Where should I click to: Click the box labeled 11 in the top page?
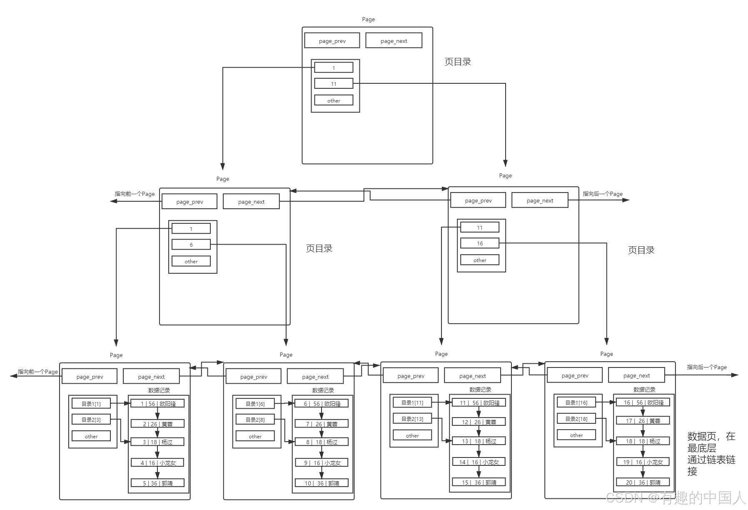334,84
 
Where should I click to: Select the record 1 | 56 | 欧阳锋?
157,404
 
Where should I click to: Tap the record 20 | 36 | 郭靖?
643,482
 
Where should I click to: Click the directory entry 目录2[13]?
412,419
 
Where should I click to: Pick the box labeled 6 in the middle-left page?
191,245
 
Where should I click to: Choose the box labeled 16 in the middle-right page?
480,243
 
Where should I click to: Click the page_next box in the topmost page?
394,41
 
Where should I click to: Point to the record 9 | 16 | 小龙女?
322,463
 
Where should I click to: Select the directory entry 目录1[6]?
255,404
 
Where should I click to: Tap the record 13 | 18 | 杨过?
479,441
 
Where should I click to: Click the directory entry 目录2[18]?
576,419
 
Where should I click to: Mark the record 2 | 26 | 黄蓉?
157,424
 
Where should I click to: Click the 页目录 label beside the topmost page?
457,62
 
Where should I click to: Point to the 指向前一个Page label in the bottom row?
37,372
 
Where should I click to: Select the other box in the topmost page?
334,100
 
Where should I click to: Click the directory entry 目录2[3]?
91,420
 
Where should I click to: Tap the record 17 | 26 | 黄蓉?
643,421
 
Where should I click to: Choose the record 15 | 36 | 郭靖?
479,482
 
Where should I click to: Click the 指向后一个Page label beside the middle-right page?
602,194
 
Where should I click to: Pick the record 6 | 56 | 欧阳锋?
322,404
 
